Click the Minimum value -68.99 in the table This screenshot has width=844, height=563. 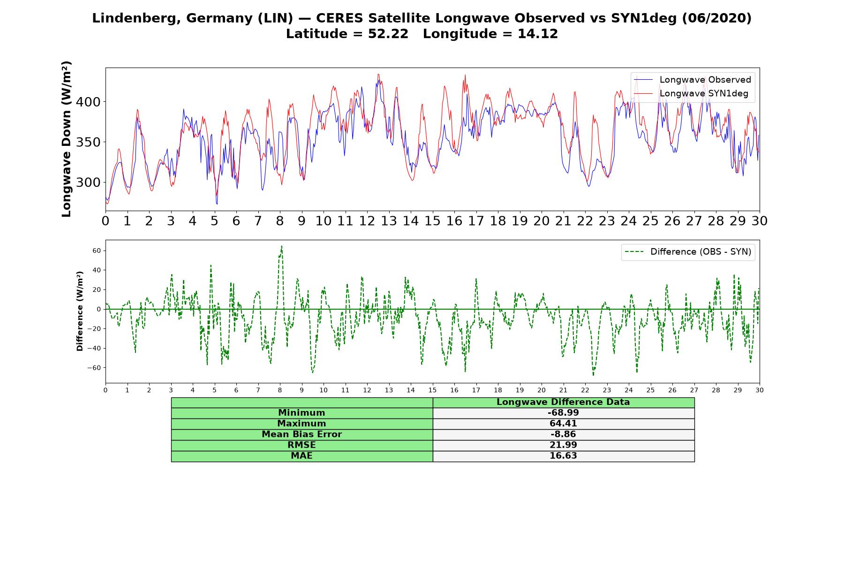point(563,413)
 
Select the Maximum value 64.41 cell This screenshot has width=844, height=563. point(563,424)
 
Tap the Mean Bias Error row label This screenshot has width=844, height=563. point(301,434)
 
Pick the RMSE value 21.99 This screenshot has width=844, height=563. point(563,445)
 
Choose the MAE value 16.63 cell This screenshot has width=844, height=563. point(563,456)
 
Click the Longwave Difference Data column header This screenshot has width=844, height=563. point(563,402)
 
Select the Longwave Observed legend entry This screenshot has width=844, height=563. point(692,80)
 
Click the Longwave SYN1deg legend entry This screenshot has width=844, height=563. point(692,93)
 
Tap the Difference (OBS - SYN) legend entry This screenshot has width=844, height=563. point(688,252)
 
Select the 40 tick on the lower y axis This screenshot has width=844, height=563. point(97,270)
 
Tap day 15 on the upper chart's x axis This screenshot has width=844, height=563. point(432,221)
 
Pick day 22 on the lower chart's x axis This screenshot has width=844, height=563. point(585,390)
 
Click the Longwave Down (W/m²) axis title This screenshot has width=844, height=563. point(67,139)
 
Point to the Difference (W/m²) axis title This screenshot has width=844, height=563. point(80,311)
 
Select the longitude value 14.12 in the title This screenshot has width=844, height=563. point(538,34)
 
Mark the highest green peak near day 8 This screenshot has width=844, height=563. point(281,246)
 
